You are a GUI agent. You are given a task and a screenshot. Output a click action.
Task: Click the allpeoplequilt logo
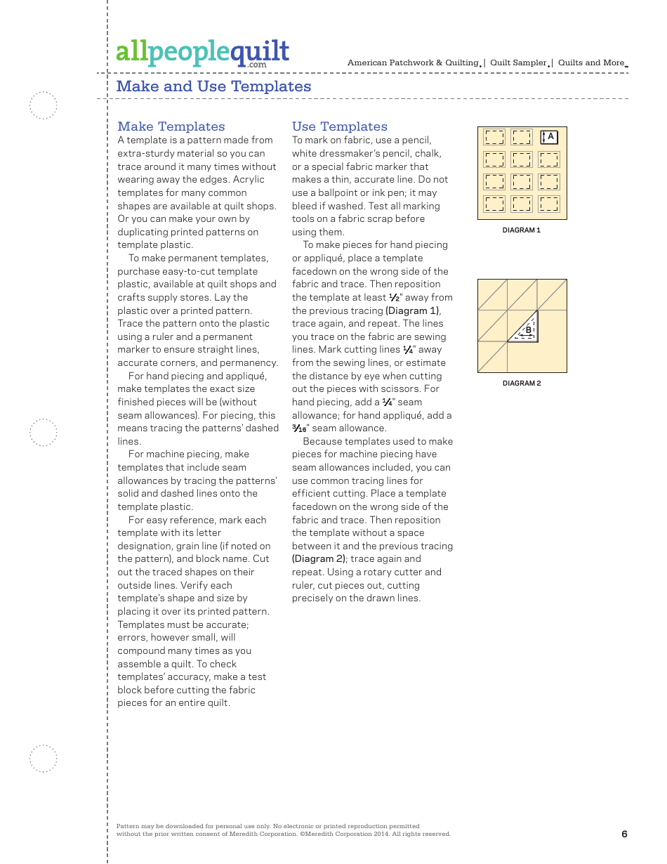click(202, 52)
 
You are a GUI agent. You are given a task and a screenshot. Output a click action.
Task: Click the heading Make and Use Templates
click(213, 86)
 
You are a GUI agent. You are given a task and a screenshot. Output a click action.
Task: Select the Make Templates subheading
click(171, 126)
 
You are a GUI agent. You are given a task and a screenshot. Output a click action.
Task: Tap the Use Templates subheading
click(340, 126)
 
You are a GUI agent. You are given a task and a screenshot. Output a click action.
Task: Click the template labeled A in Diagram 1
click(549, 137)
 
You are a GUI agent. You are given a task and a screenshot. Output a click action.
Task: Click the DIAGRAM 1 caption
click(521, 230)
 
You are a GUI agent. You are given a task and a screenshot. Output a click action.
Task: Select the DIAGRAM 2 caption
click(522, 384)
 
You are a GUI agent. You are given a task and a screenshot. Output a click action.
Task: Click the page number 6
click(624, 834)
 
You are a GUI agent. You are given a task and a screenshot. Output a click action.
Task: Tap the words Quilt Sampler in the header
click(518, 63)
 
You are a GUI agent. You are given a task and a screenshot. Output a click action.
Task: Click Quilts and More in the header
click(591, 63)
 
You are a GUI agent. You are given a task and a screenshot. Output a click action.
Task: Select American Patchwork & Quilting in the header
click(413, 63)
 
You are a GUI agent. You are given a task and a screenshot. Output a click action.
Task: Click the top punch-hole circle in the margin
click(44, 106)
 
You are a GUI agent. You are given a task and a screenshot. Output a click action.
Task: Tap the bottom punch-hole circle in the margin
click(44, 759)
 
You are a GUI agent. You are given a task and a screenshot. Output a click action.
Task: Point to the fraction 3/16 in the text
click(299, 428)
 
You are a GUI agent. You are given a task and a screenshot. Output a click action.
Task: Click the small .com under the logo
click(256, 65)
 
